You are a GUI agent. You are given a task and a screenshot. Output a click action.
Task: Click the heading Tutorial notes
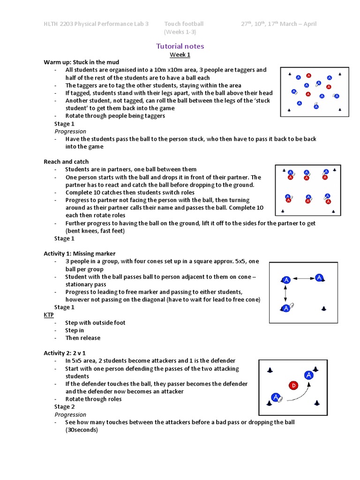(180, 46)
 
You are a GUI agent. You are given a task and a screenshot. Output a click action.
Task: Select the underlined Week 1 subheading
(180, 54)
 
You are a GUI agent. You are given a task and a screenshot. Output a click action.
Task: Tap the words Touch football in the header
(184, 24)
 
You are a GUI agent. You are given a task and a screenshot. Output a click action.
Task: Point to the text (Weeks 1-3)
(180, 32)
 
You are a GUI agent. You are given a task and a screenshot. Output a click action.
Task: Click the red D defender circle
(293, 386)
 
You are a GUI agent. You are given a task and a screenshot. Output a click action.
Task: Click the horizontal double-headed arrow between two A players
(303, 278)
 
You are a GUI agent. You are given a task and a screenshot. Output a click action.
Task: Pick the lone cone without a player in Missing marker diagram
(323, 308)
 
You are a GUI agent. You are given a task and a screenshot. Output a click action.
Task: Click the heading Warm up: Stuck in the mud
(82, 62)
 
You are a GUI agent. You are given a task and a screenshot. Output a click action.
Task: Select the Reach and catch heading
(66, 162)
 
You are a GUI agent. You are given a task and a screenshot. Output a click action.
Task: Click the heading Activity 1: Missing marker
(80, 254)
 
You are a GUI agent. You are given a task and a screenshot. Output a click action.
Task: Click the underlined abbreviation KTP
(49, 315)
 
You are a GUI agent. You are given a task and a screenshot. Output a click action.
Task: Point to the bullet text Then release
(83, 338)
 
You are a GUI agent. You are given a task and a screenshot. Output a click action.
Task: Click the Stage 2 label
(64, 407)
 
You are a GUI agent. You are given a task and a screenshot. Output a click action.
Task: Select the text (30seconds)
(82, 430)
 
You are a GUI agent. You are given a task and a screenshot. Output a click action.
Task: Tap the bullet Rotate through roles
(93, 399)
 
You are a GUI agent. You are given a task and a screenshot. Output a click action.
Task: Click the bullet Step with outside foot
(95, 322)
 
